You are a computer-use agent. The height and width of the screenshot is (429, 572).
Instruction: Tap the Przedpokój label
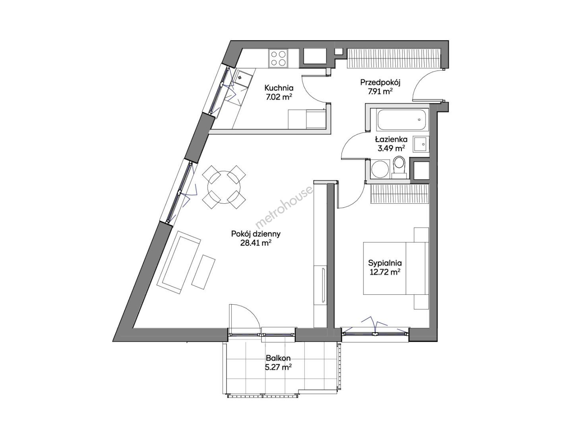[380, 83]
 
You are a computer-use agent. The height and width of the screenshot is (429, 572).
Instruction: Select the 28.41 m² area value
[256, 243]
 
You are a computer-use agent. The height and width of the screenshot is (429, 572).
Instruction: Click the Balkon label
[278, 358]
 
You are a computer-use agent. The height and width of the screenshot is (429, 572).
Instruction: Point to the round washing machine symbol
[380, 169]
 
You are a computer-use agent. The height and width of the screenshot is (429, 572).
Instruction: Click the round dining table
[224, 187]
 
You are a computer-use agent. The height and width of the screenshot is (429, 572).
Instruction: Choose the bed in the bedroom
[396, 269]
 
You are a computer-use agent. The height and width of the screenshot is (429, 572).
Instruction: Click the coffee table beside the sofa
[204, 272]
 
